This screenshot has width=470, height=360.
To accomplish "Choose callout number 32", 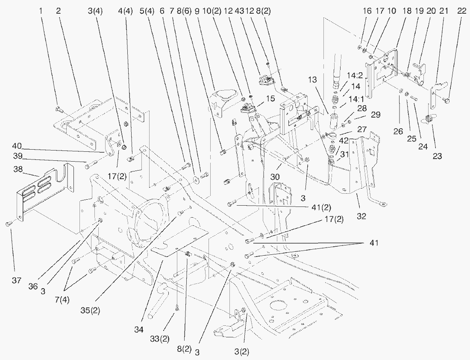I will (361, 216).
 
